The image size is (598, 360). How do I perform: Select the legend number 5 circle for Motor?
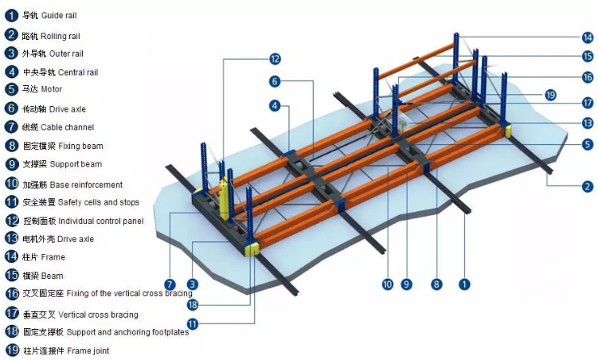click(x=10, y=90)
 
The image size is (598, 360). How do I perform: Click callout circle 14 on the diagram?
click(x=587, y=37)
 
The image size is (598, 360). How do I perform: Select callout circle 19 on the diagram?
click(x=549, y=95)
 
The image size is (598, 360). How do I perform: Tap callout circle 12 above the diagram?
click(x=274, y=58)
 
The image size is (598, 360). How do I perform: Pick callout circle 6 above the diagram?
click(x=273, y=81)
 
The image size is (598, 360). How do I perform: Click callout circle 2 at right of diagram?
click(x=588, y=187)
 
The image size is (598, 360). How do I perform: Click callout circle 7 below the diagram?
click(x=169, y=284)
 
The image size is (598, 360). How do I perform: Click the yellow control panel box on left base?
click(x=224, y=200)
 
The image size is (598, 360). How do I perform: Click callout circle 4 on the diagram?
click(x=273, y=105)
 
